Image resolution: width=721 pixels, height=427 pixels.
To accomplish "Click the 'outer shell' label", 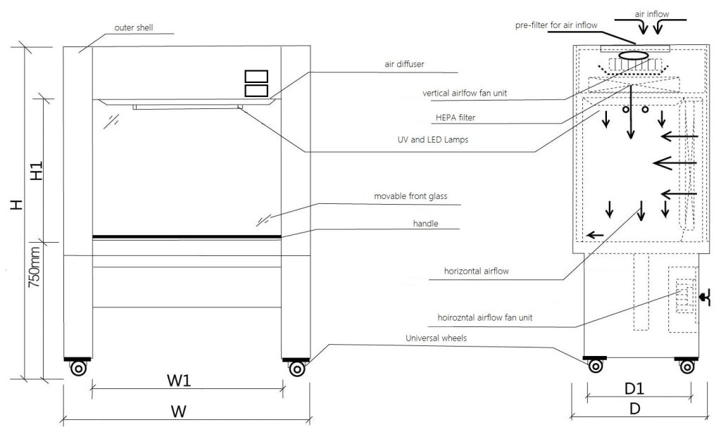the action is tap(133, 27).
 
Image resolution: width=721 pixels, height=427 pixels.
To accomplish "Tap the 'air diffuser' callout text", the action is tap(404, 64).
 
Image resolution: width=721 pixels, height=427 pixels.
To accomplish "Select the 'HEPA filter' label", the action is tap(456, 117).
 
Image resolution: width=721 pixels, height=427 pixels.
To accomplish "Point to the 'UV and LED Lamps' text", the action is tap(433, 139).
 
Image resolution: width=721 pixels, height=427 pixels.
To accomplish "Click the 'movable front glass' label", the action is tap(410, 196).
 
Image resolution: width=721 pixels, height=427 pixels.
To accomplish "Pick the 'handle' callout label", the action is tap(425, 224).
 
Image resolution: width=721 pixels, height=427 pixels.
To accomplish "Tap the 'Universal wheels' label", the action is tap(436, 338).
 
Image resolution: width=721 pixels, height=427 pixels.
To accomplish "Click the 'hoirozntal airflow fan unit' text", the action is tap(484, 317).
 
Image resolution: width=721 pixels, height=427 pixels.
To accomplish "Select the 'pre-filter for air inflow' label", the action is tap(556, 25).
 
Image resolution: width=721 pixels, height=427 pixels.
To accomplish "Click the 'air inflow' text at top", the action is tap(651, 14).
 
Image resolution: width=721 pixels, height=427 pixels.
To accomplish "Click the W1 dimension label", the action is tap(178, 380).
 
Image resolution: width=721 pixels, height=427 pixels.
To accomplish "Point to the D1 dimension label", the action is tap(634, 389).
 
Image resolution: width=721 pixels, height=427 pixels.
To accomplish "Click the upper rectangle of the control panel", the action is tap(256, 76).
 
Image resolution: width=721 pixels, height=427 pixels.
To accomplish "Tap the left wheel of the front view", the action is tap(79, 368).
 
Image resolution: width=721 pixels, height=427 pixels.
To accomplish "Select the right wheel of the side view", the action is tap(687, 367).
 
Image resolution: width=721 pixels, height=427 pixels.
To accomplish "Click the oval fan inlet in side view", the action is tap(634, 55).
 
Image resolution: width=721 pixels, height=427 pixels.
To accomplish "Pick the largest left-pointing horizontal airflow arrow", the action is tap(674, 162).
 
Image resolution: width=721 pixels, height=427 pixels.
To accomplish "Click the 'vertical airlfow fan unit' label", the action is tap(465, 94).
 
